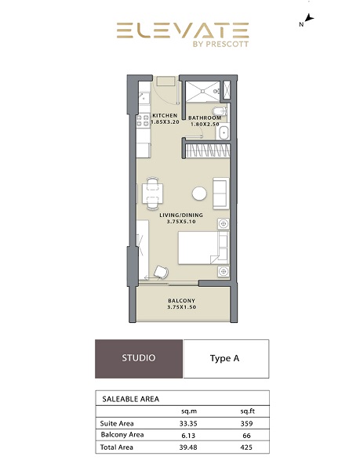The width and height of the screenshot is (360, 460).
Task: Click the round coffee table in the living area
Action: [x=200, y=193]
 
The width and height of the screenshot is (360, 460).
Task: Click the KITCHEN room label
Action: [x=165, y=115]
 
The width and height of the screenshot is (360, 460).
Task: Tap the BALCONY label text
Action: [x=181, y=301]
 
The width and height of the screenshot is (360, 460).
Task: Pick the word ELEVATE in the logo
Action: [x=183, y=31]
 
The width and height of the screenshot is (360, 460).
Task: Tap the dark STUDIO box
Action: [x=138, y=358]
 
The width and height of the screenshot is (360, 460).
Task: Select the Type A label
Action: [x=224, y=358]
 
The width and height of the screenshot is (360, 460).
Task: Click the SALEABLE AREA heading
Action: [x=131, y=399]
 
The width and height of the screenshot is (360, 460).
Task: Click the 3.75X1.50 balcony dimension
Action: [x=181, y=308]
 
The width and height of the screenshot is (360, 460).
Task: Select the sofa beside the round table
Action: [x=220, y=190]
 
